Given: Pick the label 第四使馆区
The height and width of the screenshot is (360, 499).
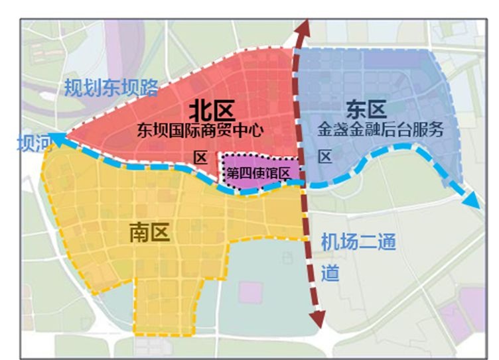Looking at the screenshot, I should [259, 174].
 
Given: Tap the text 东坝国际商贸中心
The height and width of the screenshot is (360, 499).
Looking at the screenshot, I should [199, 130].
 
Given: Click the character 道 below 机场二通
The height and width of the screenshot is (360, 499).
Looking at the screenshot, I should [330, 272].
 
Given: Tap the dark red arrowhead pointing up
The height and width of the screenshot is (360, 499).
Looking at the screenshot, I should [304, 29].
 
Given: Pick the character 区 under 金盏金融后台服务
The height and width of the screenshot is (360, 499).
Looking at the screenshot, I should [325, 157].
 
